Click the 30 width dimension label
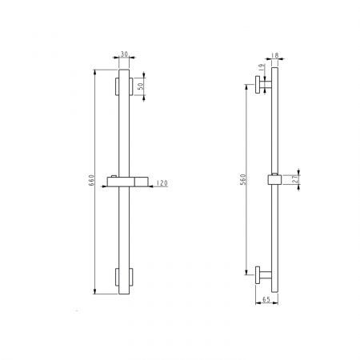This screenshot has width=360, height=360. click(x=124, y=54)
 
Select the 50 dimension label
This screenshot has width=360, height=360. click(x=141, y=86)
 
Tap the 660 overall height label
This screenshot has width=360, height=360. click(x=91, y=181)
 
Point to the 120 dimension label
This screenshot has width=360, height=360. click(x=162, y=183)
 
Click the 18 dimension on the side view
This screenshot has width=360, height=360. click(x=275, y=55)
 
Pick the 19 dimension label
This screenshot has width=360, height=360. click(x=262, y=66)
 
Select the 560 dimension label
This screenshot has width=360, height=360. click(x=243, y=179)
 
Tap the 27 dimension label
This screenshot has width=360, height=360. click(x=295, y=179)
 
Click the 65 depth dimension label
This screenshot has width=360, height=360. click(x=266, y=299)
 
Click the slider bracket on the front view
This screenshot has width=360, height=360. click(x=127, y=182)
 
